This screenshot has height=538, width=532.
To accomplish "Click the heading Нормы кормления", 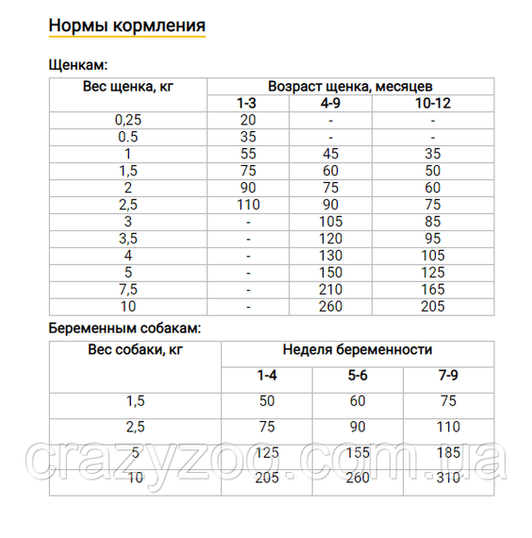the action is [126, 24].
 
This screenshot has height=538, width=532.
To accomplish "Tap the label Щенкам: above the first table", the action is [77, 65].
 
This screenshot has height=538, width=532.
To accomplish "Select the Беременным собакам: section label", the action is [124, 328].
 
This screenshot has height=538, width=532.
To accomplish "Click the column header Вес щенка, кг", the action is [129, 87].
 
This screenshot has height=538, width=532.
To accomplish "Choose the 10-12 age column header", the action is [433, 103].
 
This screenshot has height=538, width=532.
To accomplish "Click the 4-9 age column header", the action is [330, 103].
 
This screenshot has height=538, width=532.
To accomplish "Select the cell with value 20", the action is [248, 120].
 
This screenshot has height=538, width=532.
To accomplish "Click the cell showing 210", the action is [330, 290].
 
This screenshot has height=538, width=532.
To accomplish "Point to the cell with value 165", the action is [433, 290].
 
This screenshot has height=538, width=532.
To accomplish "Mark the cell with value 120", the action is [330, 239].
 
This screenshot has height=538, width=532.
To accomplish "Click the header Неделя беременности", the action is [357, 350].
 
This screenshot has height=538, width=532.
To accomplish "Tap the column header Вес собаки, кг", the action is [135, 350].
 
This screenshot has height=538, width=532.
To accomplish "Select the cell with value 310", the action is [449, 479].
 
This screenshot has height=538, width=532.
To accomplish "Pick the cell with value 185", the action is [449, 453].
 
